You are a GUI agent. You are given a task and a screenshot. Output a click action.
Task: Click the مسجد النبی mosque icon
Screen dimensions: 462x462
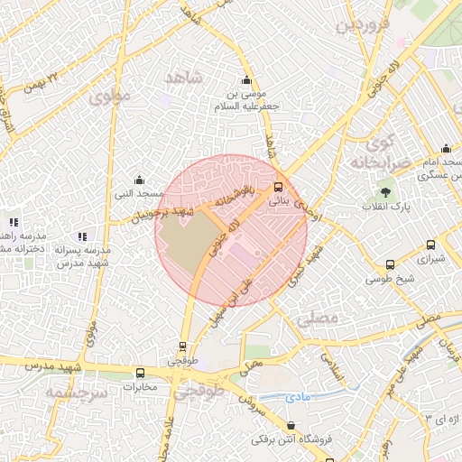[138, 180]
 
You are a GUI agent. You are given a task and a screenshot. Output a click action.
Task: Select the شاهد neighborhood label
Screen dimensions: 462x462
[188, 81]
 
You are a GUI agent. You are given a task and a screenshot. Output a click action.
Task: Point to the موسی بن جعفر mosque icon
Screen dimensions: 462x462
[247, 80]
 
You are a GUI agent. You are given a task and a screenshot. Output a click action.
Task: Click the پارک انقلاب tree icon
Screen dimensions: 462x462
[386, 192]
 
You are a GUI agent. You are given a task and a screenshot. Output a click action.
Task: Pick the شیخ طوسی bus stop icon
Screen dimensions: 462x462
[390, 264]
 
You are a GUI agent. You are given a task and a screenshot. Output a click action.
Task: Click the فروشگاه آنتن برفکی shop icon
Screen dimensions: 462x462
[291, 425]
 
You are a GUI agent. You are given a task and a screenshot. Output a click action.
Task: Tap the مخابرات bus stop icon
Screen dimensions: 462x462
[140, 373]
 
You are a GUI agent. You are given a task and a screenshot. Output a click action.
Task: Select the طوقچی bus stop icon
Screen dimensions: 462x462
[183, 346]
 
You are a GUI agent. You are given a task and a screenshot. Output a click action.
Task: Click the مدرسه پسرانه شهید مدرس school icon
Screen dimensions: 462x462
[82, 236]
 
